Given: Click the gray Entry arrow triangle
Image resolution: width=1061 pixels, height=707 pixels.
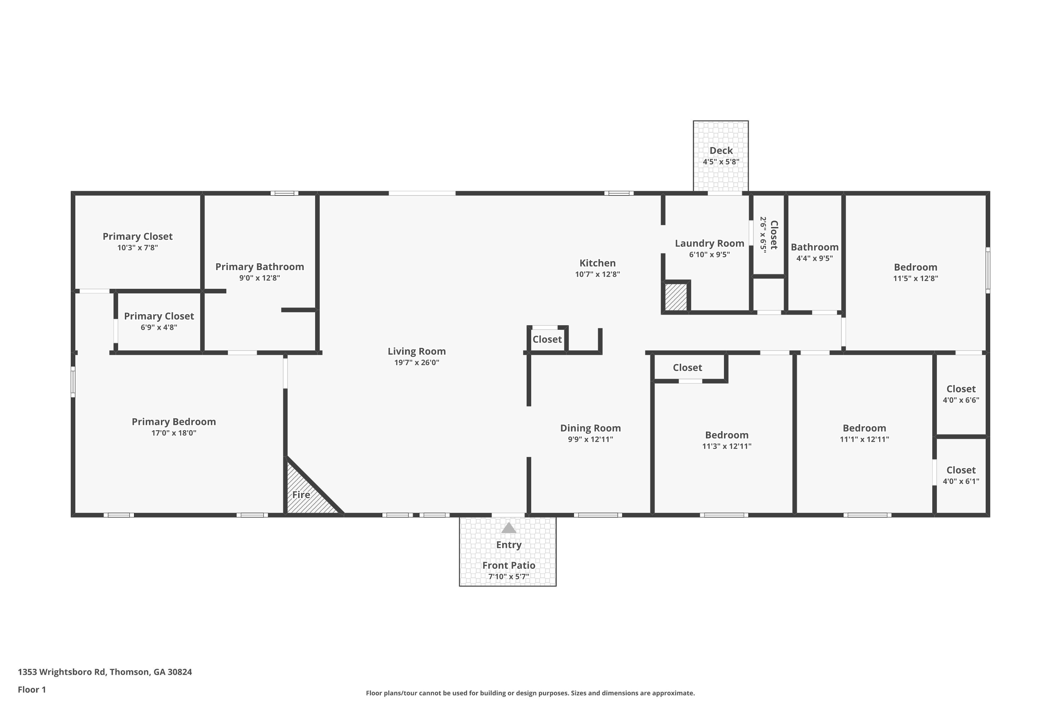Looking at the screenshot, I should (509, 528).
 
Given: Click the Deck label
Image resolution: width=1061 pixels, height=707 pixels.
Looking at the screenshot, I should (721, 151).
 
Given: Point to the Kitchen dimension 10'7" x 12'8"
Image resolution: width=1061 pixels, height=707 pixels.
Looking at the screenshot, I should (597, 274).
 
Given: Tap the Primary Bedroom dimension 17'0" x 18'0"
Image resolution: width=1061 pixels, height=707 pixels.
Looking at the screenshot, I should (174, 433).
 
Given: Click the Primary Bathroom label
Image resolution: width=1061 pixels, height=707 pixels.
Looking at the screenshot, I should (259, 267).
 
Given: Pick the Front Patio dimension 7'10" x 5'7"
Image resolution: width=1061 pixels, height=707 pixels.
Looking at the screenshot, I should (509, 576).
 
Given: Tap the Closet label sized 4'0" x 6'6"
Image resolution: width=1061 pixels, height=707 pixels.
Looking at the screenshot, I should (961, 388).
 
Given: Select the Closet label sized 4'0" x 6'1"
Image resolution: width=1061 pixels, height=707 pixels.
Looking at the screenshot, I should (961, 470).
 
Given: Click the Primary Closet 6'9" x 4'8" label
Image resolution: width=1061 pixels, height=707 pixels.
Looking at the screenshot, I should (159, 316).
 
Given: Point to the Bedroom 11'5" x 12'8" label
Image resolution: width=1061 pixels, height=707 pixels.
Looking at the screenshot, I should (915, 267).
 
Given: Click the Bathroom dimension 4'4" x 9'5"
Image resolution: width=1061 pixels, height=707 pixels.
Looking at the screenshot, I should (814, 258).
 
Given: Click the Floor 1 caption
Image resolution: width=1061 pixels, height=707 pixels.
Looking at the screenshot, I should (31, 689).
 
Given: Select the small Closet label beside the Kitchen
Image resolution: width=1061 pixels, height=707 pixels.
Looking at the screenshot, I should (547, 339).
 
